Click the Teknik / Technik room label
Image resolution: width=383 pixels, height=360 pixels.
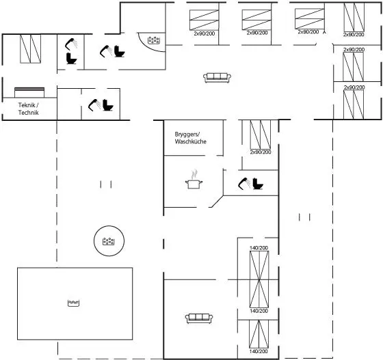[28, 109]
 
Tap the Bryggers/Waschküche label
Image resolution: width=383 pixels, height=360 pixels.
[191, 138]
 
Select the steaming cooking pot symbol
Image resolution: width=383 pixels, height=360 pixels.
[194, 180]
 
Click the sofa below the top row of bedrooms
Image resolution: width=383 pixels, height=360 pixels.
[217, 78]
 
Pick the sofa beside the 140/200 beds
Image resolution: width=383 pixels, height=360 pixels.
[199, 318]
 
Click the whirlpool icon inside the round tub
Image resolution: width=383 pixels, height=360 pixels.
[109, 241]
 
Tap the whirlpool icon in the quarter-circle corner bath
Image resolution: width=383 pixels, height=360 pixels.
[154, 40]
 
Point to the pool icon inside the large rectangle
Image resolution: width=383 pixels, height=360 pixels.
[74, 303]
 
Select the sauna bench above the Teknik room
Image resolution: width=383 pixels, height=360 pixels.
[29, 92]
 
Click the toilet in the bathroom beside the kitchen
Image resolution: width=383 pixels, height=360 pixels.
[258, 184]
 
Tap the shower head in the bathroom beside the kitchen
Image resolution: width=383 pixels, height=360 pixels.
[243, 184]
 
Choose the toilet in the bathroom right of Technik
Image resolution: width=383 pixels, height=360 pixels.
[108, 105]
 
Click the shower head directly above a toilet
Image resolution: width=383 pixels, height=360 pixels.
[71, 44]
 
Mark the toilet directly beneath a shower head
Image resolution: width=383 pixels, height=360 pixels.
[71, 59]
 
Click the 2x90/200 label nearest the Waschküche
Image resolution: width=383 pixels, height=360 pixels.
[261, 152]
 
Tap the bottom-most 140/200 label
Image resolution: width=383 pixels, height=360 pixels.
[259, 351]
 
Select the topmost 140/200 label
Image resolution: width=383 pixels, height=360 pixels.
[259, 248]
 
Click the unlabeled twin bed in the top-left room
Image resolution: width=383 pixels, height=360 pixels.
[30, 49]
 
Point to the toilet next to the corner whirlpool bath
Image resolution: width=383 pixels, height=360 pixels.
[120, 51]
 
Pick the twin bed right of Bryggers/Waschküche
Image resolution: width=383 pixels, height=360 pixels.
[261, 135]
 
